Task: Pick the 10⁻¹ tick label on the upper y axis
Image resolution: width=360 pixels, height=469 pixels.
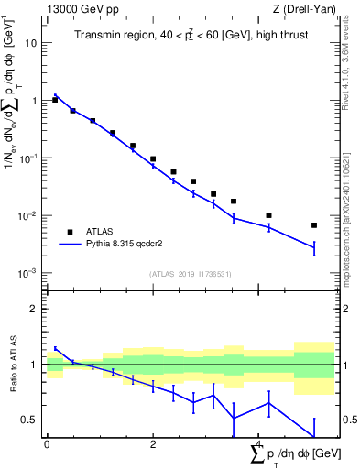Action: [30, 158]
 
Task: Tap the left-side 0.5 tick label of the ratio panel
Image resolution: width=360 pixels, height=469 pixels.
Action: [30, 420]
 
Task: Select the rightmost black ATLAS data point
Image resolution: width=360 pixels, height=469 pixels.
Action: [313, 224]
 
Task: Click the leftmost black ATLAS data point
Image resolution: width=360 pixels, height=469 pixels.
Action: [55, 100]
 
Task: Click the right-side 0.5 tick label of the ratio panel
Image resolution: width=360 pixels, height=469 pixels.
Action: [348, 420]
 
